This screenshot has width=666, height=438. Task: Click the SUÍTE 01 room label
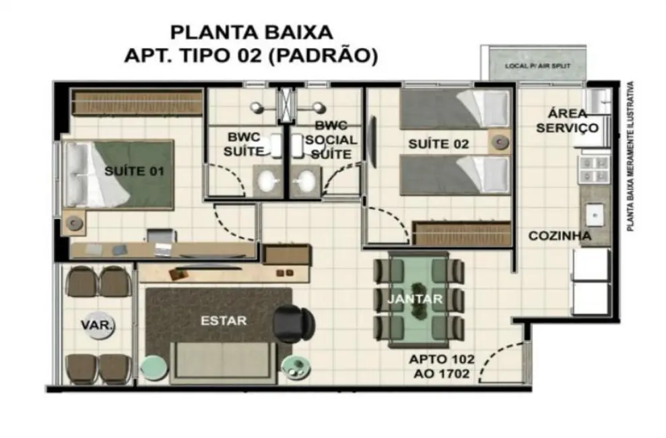click(134, 171)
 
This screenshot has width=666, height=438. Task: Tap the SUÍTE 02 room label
click(438, 144)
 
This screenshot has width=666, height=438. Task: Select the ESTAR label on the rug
click(224, 321)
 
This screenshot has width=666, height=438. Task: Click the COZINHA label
click(560, 236)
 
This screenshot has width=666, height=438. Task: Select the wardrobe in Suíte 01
click(137, 102)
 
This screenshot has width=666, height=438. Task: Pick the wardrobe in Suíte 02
click(461, 232)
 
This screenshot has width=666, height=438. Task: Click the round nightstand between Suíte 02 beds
click(499, 142)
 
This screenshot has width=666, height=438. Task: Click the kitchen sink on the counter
click(595, 216)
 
